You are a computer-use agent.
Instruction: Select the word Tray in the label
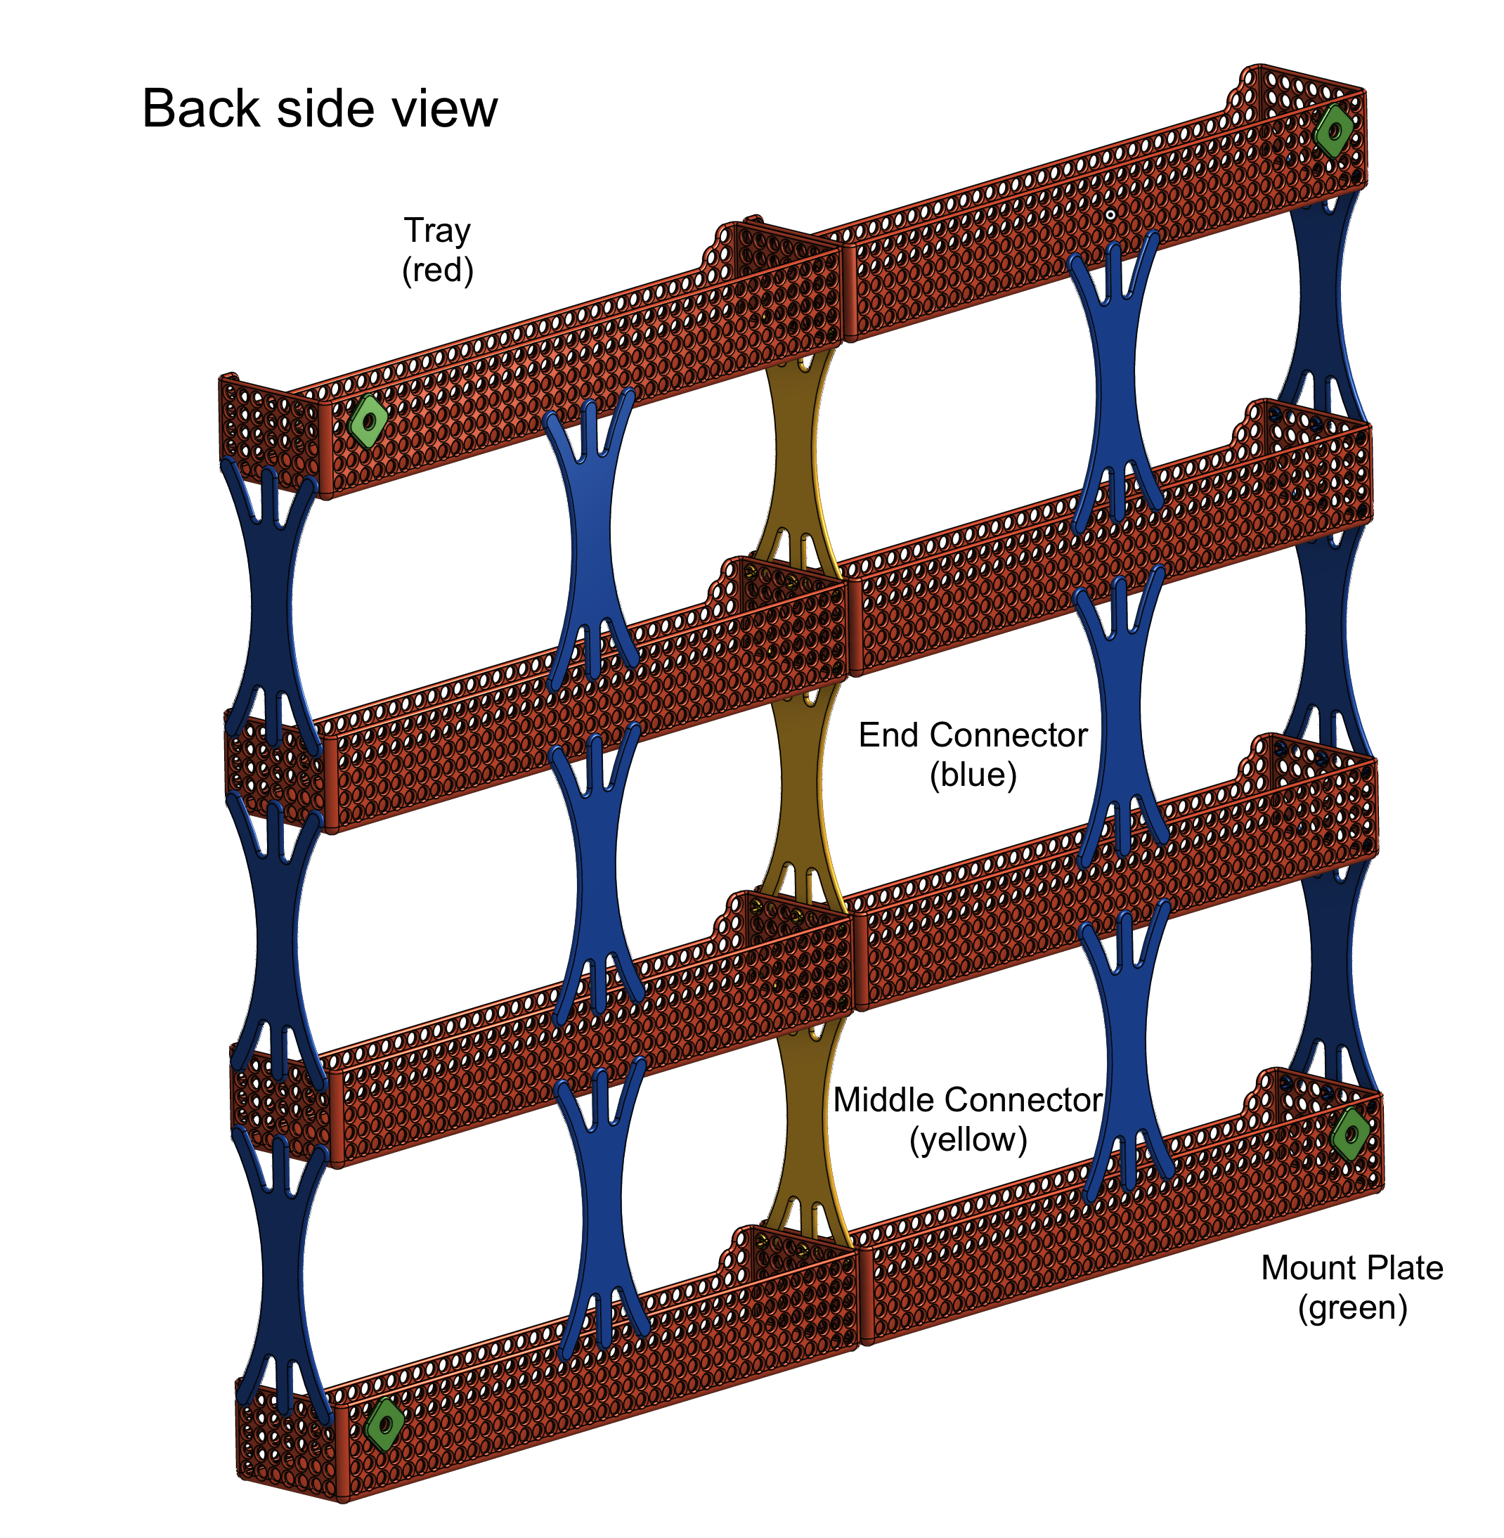(438, 231)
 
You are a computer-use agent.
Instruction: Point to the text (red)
(438, 270)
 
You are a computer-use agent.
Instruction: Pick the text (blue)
(973, 774)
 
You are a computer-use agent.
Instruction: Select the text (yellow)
(968, 1139)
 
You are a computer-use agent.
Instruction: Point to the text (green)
(1353, 1307)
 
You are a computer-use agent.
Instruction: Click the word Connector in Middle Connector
(1019, 1099)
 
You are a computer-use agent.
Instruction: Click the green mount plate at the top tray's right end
(1334, 130)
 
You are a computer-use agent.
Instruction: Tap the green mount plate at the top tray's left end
(368, 421)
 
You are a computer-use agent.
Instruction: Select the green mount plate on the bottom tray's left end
(384, 1424)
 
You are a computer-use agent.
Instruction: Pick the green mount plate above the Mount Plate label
(1350, 1134)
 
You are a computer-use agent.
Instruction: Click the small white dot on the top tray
(1110, 215)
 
